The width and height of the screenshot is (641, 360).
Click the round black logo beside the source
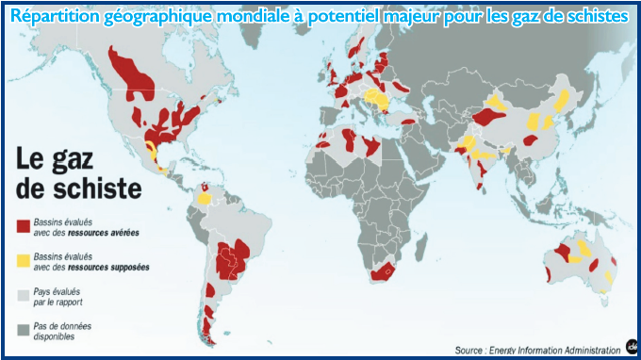pyautogui.click(x=631, y=345)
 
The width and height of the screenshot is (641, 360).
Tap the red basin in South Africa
pyautogui.click(x=382, y=272)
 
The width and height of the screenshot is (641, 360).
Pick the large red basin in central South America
pyautogui.click(x=232, y=258)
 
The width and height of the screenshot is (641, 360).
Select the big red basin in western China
pyautogui.click(x=489, y=117)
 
